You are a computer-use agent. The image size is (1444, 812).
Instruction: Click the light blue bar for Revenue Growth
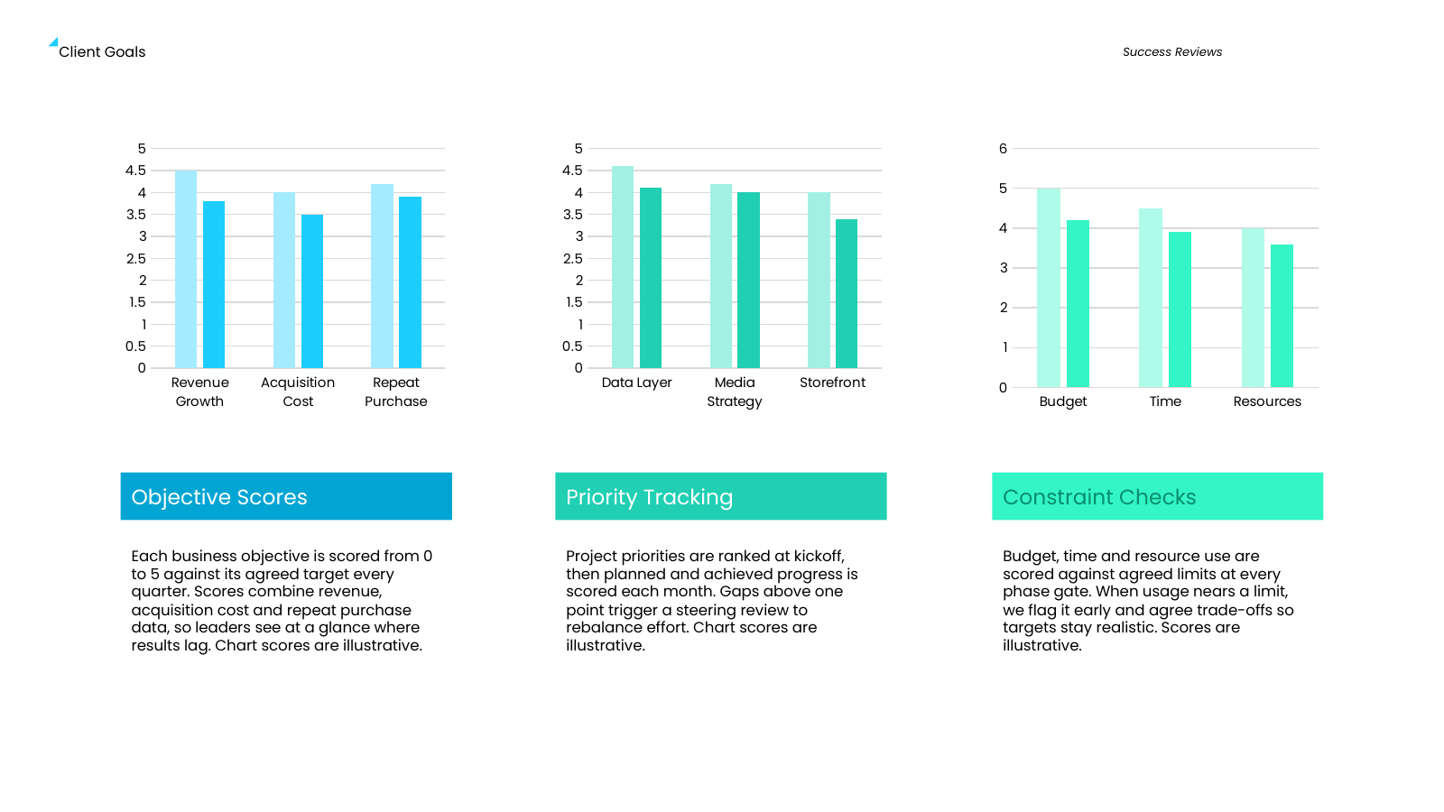click(186, 270)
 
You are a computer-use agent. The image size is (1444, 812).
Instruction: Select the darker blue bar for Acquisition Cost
click(312, 291)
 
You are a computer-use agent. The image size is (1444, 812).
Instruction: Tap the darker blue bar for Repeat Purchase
click(410, 282)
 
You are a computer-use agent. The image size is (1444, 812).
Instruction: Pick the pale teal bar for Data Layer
click(623, 267)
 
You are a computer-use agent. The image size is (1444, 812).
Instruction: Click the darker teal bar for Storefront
click(847, 294)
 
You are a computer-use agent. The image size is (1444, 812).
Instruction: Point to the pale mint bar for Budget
click(1048, 288)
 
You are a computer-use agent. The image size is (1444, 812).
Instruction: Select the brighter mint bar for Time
click(1180, 310)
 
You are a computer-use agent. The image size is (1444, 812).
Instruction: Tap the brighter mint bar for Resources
click(1282, 316)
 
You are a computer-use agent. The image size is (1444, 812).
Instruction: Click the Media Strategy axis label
click(735, 392)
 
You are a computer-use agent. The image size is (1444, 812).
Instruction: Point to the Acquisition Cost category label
click(298, 392)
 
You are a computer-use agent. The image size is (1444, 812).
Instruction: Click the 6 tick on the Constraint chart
click(1003, 149)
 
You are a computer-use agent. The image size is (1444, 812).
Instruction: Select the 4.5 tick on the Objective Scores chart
click(135, 171)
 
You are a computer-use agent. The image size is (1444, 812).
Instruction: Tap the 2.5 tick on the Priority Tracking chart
click(572, 258)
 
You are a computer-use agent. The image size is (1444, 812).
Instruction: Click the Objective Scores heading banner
click(286, 496)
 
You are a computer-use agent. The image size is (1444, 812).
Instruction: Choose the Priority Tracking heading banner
click(721, 496)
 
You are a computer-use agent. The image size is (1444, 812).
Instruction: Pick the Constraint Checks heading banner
click(1157, 496)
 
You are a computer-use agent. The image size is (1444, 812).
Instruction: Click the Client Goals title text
click(102, 52)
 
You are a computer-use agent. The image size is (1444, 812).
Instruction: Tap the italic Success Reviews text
click(1172, 52)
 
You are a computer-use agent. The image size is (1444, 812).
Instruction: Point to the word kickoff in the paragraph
click(819, 556)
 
